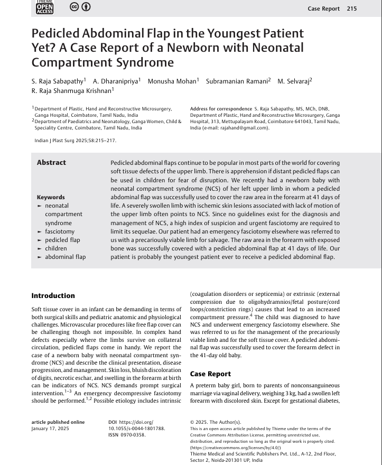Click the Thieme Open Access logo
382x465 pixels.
point(44,7)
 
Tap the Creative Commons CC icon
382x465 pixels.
point(74,7)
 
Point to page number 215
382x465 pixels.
point(352,8)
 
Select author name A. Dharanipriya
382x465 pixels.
point(116,81)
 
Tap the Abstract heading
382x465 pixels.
point(51,163)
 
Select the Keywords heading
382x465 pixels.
point(51,197)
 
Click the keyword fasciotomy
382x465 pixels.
point(60,231)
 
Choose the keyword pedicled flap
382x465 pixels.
point(62,240)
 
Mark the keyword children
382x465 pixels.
point(56,248)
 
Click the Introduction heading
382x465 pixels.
point(53,296)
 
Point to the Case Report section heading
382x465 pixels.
point(210,374)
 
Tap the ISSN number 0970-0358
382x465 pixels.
point(135,435)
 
